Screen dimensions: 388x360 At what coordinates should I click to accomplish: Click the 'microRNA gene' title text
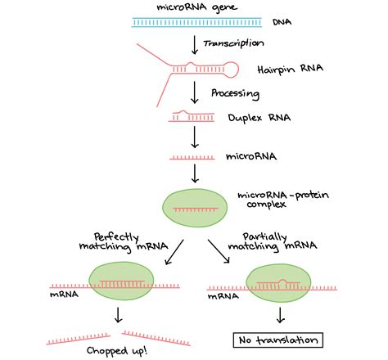[x=196, y=7]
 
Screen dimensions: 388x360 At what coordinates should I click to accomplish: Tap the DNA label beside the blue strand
[x=282, y=22]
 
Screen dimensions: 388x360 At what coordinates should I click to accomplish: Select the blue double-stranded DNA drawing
[x=196, y=22]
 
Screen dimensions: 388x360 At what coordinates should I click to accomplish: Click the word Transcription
[x=233, y=43]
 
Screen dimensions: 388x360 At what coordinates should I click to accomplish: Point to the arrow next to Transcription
[x=195, y=45]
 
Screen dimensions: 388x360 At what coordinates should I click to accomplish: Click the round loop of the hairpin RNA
[x=232, y=70]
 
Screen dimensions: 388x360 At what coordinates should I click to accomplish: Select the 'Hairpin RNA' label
[x=291, y=70]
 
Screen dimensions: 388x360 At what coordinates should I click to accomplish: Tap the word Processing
[x=235, y=93]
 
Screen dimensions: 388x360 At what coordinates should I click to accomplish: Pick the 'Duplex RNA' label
[x=259, y=118]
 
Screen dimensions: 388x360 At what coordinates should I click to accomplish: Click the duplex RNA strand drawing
[x=192, y=116]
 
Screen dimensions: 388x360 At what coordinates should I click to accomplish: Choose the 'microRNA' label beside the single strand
[x=251, y=156]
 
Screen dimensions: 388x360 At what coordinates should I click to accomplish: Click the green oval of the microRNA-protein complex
[x=195, y=208]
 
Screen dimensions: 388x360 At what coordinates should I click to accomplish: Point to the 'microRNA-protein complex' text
[x=283, y=200]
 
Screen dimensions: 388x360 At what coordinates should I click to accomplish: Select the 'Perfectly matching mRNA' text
[x=124, y=242]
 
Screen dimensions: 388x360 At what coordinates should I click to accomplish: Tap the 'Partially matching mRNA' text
[x=273, y=242]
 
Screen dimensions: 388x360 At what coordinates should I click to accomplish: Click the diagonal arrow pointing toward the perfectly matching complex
[x=174, y=252]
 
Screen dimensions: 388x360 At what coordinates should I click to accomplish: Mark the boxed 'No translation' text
[x=278, y=340]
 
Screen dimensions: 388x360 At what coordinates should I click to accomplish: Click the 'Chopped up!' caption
[x=117, y=351]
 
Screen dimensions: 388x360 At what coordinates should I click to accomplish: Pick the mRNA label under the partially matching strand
[x=223, y=296]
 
